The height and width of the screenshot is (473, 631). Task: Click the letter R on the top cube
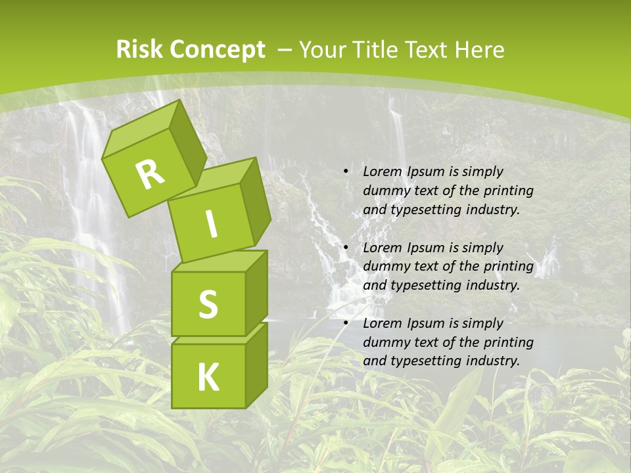point(150,175)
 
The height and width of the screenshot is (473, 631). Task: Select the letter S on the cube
point(208,304)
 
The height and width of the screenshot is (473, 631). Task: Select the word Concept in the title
point(217,50)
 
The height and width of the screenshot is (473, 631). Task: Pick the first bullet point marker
point(346,172)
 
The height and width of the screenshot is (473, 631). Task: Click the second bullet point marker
point(346,248)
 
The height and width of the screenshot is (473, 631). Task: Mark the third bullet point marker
point(346,323)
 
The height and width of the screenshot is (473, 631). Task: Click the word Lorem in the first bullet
point(382,172)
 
